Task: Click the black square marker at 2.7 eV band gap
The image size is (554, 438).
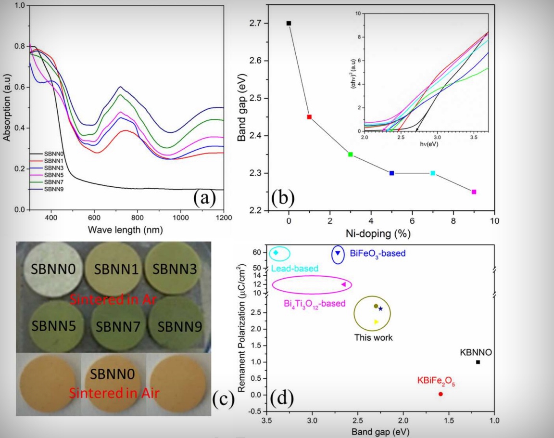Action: (x=289, y=23)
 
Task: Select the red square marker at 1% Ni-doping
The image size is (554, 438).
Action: (x=309, y=117)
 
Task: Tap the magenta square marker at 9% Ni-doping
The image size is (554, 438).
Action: (x=474, y=192)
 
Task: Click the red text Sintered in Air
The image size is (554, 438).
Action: (x=113, y=393)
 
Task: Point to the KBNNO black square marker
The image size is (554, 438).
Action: (x=478, y=362)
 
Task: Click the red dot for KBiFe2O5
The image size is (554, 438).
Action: (x=441, y=394)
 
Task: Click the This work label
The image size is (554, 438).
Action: (x=374, y=337)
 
